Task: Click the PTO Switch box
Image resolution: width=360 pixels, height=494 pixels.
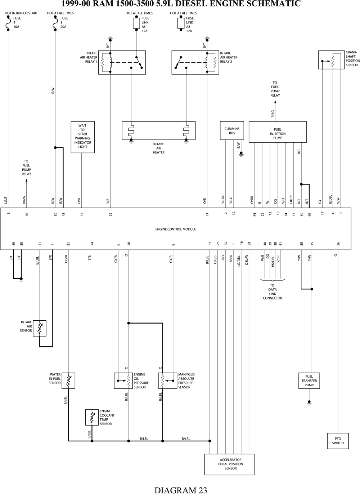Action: [x=338, y=441]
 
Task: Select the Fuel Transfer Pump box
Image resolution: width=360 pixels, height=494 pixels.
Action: [x=309, y=380]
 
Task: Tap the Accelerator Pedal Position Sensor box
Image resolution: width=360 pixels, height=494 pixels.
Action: [x=229, y=464]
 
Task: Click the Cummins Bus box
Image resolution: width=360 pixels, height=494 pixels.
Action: [x=232, y=130]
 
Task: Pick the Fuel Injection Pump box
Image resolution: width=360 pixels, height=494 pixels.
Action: [x=278, y=132]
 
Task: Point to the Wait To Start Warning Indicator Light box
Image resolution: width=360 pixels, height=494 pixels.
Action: [x=82, y=137]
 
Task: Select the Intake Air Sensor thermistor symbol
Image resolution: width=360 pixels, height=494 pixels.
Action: [x=40, y=328]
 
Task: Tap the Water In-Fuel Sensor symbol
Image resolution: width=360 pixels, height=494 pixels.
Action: [x=68, y=380]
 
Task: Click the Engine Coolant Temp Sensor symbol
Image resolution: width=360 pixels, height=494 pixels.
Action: [x=92, y=417]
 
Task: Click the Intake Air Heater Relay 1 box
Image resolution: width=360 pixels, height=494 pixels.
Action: [x=122, y=62]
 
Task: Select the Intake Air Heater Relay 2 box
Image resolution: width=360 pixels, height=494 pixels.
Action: [x=195, y=62]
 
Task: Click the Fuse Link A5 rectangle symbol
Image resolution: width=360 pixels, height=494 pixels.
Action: [x=136, y=23]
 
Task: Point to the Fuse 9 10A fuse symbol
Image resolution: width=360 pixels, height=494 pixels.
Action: [x=8, y=25]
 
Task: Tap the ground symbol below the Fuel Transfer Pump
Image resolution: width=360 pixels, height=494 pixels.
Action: [x=309, y=403]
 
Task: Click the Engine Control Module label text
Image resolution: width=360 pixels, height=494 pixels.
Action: [x=176, y=229]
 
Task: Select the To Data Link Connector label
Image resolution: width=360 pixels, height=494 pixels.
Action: [x=273, y=292]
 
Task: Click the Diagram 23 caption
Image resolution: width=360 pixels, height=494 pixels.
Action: [x=181, y=490]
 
